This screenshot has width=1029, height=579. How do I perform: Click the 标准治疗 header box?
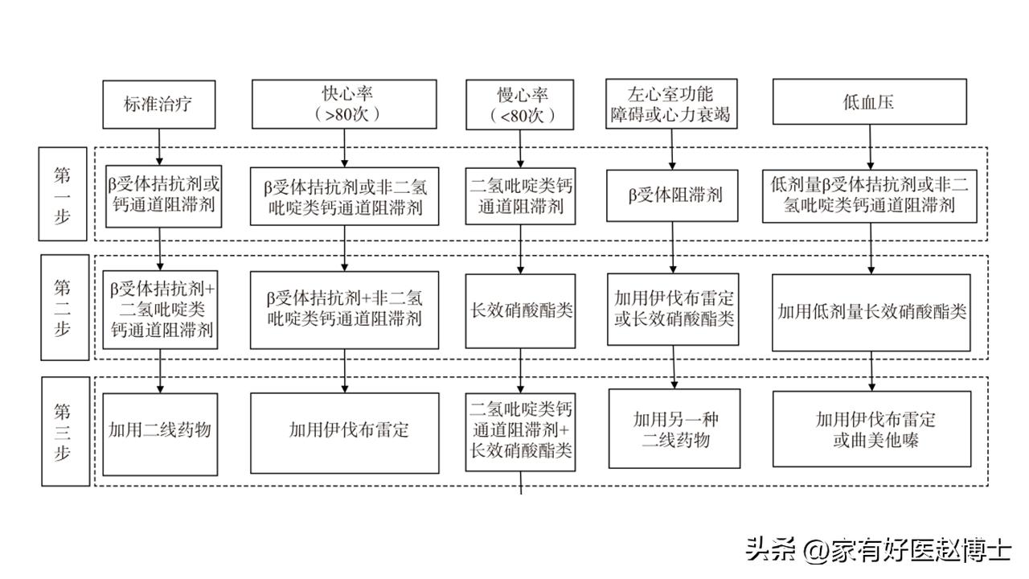[x=159, y=104]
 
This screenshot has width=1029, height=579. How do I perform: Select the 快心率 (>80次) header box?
[x=344, y=104]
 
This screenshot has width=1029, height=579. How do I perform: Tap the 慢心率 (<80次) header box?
[x=521, y=105]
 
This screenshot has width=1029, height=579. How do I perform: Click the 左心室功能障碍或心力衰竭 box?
[x=670, y=103]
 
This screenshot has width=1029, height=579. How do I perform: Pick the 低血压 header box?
[x=869, y=102]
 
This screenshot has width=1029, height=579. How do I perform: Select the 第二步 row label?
[x=64, y=308]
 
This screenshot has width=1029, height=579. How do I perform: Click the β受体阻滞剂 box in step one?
[x=671, y=195]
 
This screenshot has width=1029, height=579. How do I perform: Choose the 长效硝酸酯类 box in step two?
[x=521, y=310]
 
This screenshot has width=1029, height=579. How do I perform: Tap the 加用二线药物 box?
[x=160, y=430]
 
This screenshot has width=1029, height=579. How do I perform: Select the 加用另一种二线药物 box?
[x=672, y=429]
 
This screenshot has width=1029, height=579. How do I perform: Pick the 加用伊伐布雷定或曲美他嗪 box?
[x=871, y=429]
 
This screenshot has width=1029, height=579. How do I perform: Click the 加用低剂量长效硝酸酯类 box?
[x=871, y=312]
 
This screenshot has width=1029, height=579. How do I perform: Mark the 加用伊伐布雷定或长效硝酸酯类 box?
[x=672, y=308]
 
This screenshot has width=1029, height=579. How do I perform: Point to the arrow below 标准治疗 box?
[x=159, y=145]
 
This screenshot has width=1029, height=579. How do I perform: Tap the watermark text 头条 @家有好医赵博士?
[x=878, y=550]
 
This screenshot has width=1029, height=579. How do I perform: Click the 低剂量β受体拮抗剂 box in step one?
[x=869, y=195]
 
